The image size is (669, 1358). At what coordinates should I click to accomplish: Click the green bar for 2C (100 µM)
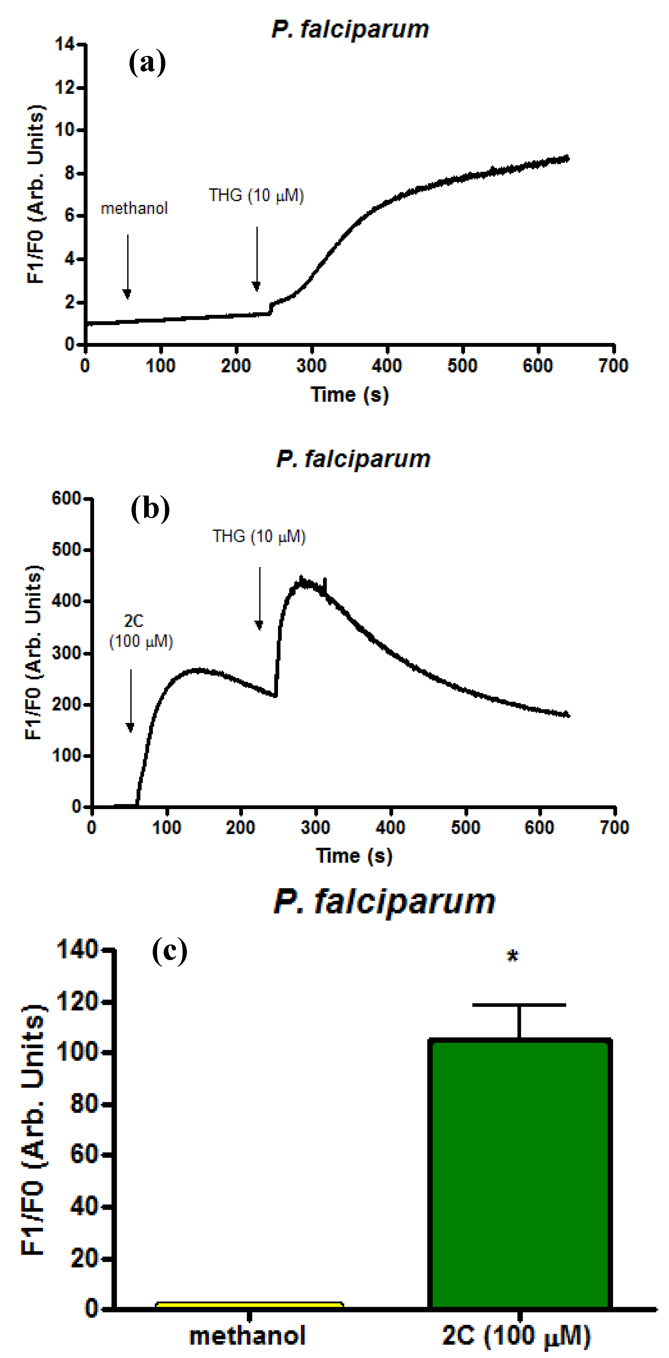(520, 1176)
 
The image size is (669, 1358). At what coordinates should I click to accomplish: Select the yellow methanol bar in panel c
(250, 1305)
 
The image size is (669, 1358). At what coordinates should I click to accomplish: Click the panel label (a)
(147, 63)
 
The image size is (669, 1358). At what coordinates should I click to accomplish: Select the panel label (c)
(169, 951)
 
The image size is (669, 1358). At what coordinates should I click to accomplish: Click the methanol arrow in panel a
(127, 266)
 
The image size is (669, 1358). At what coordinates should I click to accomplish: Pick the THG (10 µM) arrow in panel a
(257, 258)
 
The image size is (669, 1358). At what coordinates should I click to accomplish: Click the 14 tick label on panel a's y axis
(65, 45)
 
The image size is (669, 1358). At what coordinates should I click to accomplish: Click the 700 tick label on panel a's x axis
(613, 366)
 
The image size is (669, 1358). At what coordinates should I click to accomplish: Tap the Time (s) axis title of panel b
(354, 855)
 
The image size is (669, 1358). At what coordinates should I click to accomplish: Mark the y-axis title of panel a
(35, 194)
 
